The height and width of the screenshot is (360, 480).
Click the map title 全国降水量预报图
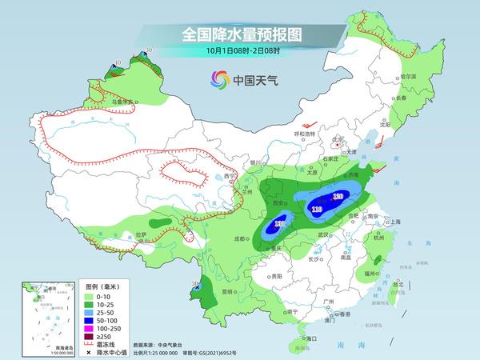pos(241,34)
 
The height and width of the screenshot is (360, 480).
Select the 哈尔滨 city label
pos(409,75)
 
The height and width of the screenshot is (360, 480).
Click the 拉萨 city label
pos(141,234)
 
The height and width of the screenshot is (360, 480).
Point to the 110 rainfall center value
pos(318,210)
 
